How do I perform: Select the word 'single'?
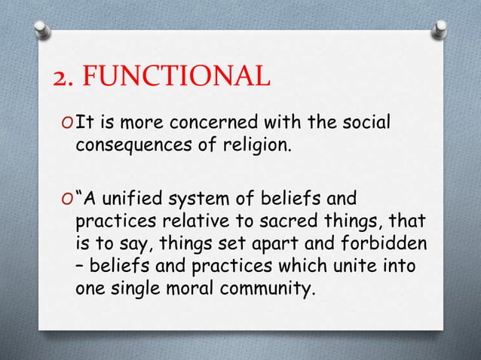coord(139,291)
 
